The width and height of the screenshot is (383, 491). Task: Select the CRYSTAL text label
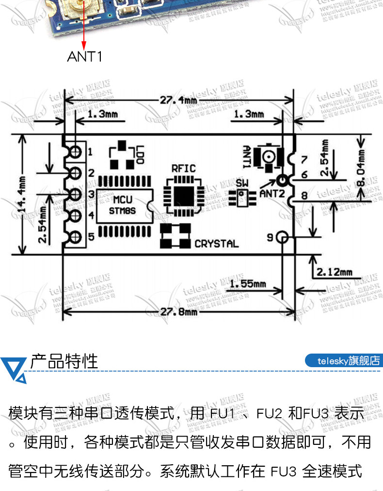click(216, 244)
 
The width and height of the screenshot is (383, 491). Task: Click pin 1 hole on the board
click(75, 152)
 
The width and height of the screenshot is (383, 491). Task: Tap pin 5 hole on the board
click(75, 237)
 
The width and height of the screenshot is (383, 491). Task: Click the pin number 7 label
click(304, 159)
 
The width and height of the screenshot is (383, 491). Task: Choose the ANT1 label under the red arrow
click(84, 57)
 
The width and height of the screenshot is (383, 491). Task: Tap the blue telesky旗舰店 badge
click(344, 361)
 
